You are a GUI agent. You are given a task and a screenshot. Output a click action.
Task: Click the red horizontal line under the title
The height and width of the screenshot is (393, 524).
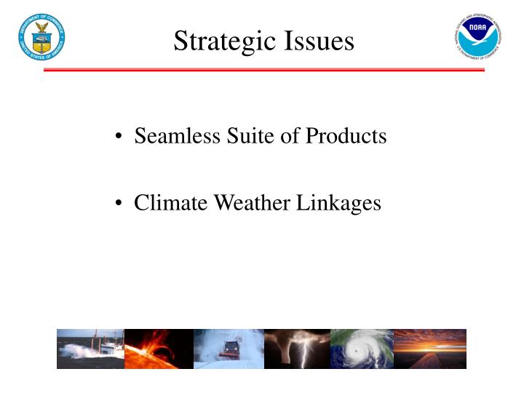(x=264, y=70)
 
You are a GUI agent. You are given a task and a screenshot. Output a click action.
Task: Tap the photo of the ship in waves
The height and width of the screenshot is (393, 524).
(x=90, y=349)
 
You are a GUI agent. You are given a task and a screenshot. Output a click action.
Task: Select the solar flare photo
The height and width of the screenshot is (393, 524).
(x=159, y=349)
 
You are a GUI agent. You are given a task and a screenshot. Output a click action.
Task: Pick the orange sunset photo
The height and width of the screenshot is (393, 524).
(x=429, y=349)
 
